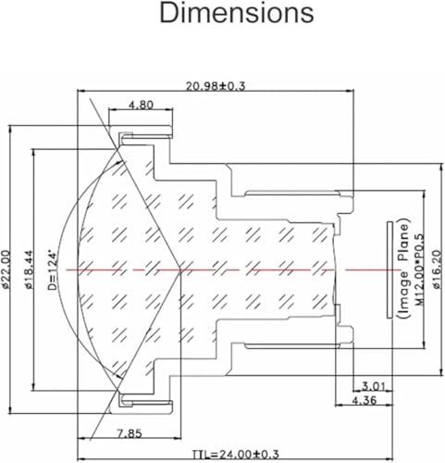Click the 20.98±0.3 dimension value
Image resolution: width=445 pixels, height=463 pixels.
point(221,85)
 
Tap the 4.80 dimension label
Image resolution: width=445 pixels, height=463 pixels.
point(141,105)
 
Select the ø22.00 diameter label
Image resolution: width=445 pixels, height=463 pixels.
point(7,269)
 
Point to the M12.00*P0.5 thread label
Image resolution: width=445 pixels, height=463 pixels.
point(418,269)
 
